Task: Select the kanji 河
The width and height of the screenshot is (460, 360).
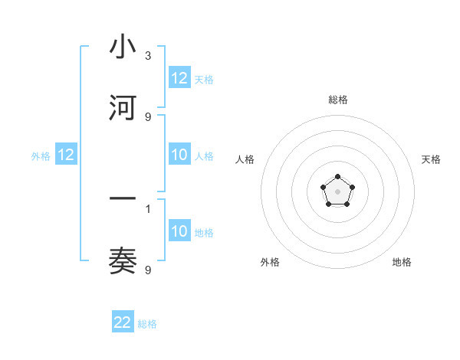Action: coord(123,108)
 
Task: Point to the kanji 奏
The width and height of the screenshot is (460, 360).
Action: coord(123,261)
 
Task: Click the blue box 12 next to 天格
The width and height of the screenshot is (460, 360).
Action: coord(179,78)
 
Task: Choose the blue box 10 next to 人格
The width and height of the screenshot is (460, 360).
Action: coord(179,155)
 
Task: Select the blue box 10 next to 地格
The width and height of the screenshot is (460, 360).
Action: coord(179,231)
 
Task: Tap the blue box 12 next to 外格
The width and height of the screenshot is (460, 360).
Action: coord(66,155)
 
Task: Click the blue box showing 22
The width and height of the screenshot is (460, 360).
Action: coord(123,322)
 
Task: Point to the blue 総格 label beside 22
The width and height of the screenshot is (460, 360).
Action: coord(147,324)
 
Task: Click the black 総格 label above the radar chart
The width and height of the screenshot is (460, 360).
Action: coord(337,100)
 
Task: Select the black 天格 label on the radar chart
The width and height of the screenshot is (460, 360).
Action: coord(431,159)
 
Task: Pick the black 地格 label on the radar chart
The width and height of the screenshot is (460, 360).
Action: coord(402,262)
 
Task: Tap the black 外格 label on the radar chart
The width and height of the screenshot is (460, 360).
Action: coord(270,262)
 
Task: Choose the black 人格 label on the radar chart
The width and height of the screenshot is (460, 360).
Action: coord(245,159)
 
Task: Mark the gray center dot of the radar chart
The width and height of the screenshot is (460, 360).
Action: coord(337,190)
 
